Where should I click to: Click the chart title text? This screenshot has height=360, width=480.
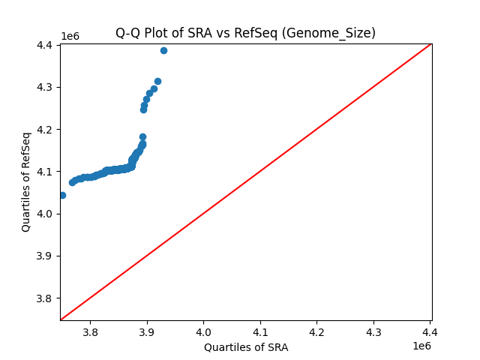pos(245,33)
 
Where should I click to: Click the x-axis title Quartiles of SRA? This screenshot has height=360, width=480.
pos(245,347)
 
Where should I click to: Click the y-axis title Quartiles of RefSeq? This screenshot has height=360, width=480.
pos(26,181)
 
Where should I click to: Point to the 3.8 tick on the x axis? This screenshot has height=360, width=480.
pos(90,332)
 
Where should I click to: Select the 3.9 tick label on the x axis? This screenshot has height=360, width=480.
pos(147,332)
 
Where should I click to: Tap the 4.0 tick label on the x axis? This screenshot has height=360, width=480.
pos(203,332)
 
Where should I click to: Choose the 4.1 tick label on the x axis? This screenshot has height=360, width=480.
pos(260,332)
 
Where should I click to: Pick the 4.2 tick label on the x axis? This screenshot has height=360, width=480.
pos(316,332)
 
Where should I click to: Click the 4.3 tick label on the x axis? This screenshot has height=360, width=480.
pos(373,332)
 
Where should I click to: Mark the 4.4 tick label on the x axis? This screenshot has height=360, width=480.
pos(430,332)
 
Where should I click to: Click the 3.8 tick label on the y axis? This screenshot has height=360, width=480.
pos(45,298)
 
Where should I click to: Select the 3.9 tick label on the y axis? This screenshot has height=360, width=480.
pos(45,256)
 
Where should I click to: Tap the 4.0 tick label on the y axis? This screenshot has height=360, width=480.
pos(45,214)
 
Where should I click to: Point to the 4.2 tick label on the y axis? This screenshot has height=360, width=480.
pos(45,130)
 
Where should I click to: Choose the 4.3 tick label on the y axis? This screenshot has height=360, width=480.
pos(45,88)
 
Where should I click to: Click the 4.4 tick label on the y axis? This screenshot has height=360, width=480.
pos(45,45)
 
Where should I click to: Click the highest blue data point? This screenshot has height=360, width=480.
pos(163,50)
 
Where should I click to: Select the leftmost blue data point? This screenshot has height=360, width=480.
pos(62,195)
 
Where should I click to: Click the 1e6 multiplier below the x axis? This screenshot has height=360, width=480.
pos(421,346)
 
